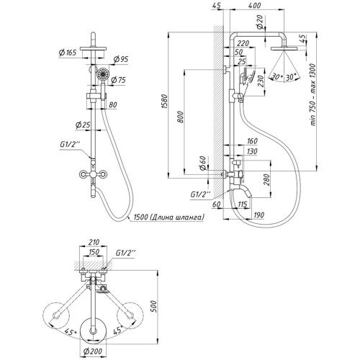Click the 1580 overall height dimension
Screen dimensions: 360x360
tap(164, 102)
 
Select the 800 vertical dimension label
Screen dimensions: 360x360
tap(181, 117)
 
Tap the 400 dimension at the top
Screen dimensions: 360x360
tap(254, 6)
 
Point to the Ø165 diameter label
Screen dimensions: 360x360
tap(68, 52)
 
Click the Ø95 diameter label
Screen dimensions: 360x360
tap(121, 59)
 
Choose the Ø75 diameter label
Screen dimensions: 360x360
tap(119, 80)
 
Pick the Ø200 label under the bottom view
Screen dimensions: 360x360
tap(93, 351)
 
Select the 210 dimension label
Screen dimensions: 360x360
tap(94, 243)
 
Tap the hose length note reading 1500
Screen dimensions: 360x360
tap(168, 217)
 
